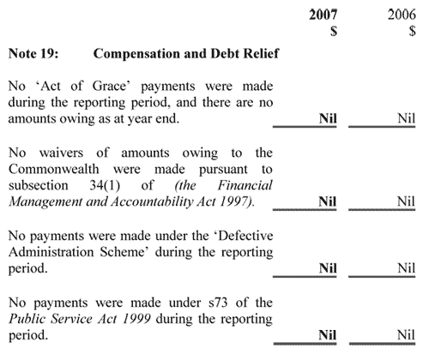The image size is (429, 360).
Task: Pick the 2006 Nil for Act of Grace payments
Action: point(406,119)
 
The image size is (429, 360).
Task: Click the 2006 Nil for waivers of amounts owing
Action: point(406,201)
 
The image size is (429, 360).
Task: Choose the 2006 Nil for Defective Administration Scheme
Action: point(406,268)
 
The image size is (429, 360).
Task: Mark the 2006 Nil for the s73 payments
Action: point(406,335)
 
